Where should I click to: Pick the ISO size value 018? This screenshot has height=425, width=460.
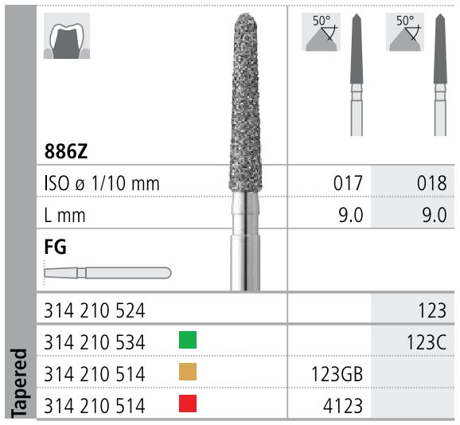pos(431,183)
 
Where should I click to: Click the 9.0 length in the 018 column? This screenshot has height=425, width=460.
pos(431,215)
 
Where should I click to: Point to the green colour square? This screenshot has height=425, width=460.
pos(188,341)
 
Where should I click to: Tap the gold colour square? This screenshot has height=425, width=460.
pos(188,372)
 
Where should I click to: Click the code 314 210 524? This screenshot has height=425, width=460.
pos(96,310)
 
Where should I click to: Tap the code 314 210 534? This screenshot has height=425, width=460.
pos(96,342)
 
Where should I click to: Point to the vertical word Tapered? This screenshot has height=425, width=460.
pos(19,382)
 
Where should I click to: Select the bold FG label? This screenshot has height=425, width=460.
pos(57,247)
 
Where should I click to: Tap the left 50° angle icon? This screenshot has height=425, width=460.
pos(322,32)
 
